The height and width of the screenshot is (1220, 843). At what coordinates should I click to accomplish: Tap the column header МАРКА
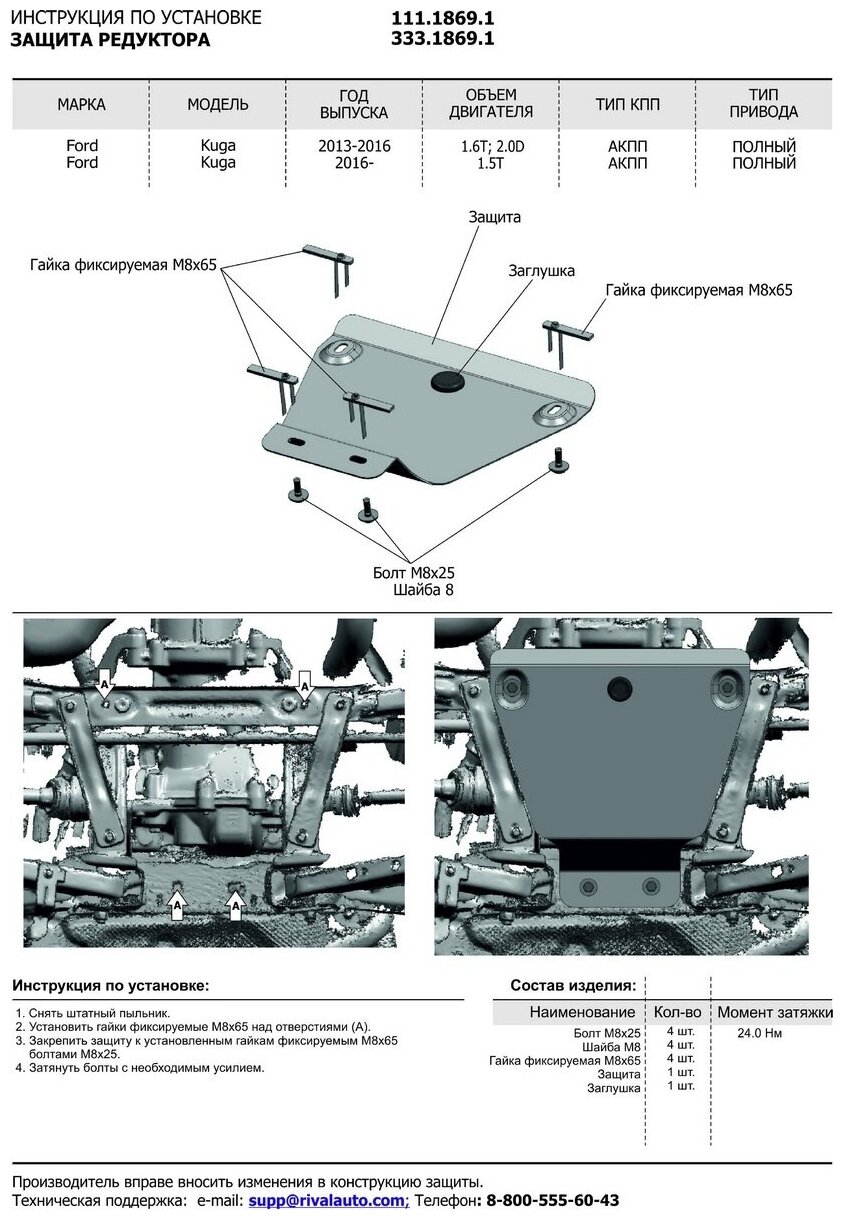(81, 105)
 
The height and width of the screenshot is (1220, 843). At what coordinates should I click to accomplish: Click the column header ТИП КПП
(627, 105)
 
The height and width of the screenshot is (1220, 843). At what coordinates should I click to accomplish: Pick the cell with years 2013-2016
(355, 146)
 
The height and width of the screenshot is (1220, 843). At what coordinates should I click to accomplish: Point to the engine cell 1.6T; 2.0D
(492, 146)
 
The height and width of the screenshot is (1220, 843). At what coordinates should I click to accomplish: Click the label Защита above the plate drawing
(494, 217)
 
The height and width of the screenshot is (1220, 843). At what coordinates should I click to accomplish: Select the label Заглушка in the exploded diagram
(541, 271)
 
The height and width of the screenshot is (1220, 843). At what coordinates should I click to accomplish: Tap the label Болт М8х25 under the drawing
(413, 573)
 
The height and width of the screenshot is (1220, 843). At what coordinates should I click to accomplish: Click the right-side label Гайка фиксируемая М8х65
(698, 290)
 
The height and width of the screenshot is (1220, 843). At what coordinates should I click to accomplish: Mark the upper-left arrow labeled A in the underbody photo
(104, 686)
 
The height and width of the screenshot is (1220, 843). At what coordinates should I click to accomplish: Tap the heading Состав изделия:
(573, 985)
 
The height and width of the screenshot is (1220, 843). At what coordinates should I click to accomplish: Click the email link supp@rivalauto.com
(329, 1200)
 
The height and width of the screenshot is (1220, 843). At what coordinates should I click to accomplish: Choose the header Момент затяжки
(774, 1012)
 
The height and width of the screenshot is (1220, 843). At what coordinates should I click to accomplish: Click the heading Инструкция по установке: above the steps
(111, 986)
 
